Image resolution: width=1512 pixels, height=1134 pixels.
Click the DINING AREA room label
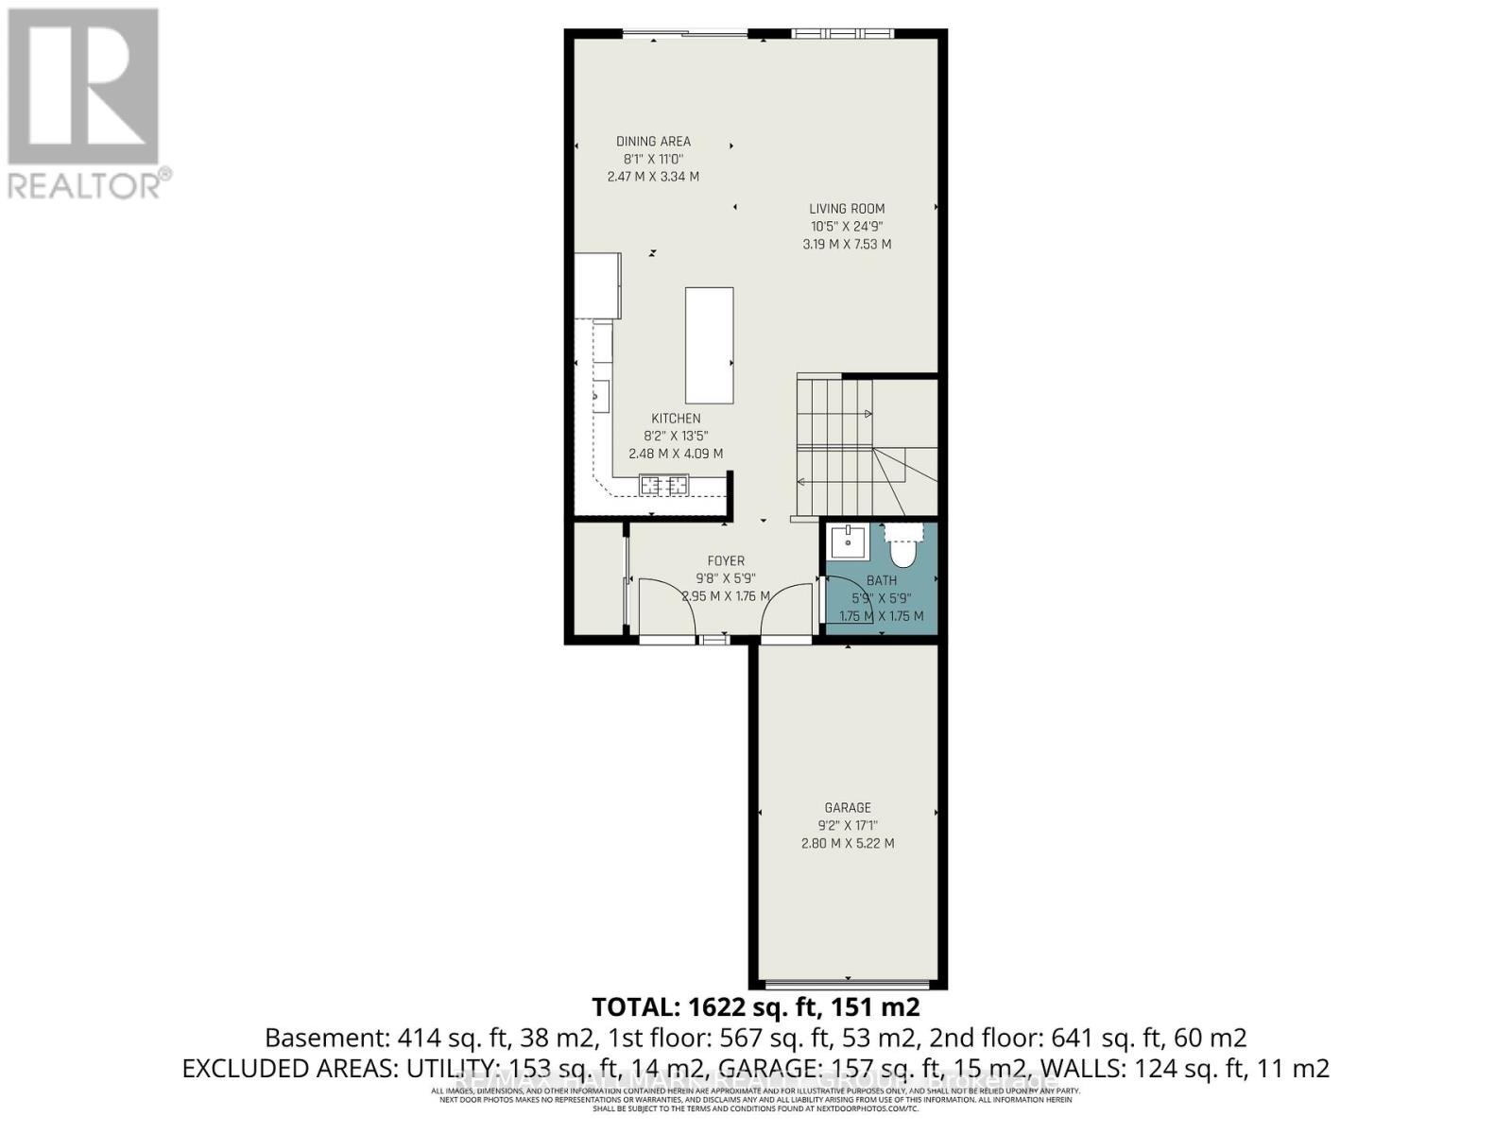pos(653,142)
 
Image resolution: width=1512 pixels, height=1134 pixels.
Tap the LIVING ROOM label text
pos(847,209)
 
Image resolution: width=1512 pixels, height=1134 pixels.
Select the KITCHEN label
pos(676,419)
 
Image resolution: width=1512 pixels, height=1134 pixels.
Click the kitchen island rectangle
pos(709,346)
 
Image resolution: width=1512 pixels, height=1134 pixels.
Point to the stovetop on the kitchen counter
pos(663,486)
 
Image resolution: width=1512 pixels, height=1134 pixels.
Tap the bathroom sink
pos(848,542)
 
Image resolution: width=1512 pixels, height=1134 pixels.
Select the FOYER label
pos(726,561)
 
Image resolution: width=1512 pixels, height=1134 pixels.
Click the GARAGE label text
pos(848,808)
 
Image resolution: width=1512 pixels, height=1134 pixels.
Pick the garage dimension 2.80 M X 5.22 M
pos(848,843)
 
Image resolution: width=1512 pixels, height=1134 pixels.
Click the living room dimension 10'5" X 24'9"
pos(847,227)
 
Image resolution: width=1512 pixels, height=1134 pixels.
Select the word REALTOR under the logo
pos(85,184)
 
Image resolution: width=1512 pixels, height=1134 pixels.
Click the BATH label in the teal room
pos(881,580)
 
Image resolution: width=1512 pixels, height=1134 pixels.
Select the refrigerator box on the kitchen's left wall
pos(597,285)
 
